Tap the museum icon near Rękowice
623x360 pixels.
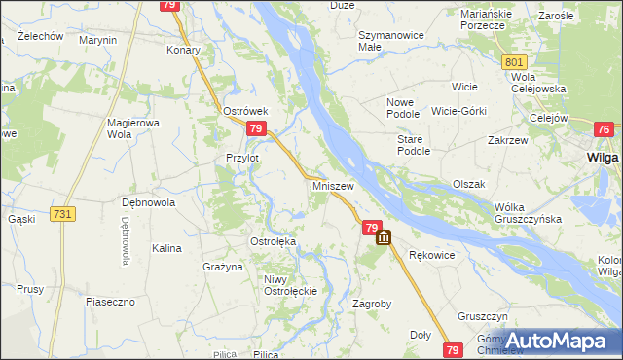pos(383,236)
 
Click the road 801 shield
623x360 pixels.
pos(516,62)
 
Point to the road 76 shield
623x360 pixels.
pos(604,130)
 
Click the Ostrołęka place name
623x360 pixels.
pos(274,241)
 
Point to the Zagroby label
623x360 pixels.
pos(372,304)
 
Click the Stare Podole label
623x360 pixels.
pos(414,145)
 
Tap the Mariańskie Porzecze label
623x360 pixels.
pos(484,19)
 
